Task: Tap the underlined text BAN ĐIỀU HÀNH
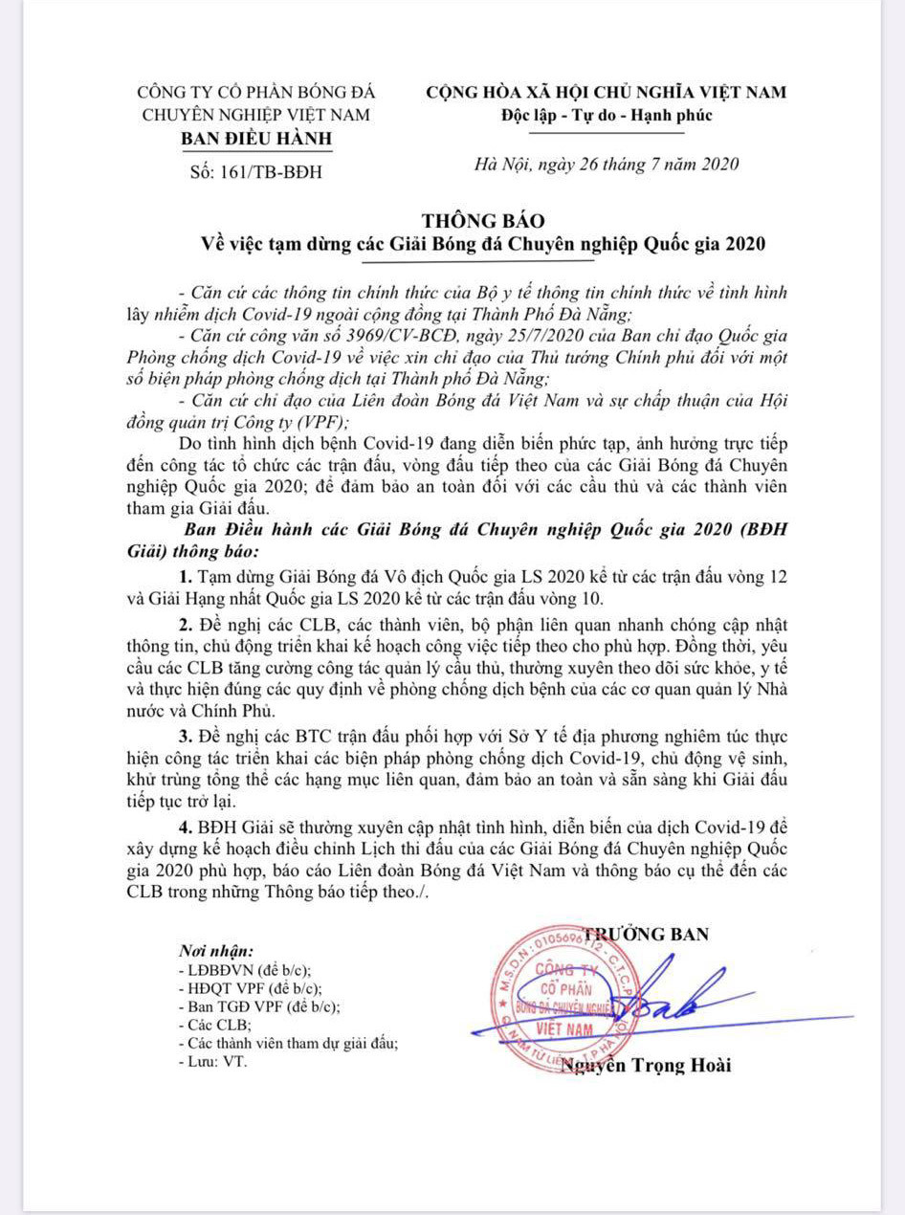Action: [x=256, y=137]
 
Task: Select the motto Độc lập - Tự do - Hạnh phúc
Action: [x=607, y=115]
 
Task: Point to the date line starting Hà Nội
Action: [x=607, y=164]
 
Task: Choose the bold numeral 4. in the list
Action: [x=184, y=827]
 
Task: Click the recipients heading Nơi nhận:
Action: [x=216, y=952]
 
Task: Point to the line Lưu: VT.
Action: [x=211, y=1061]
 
